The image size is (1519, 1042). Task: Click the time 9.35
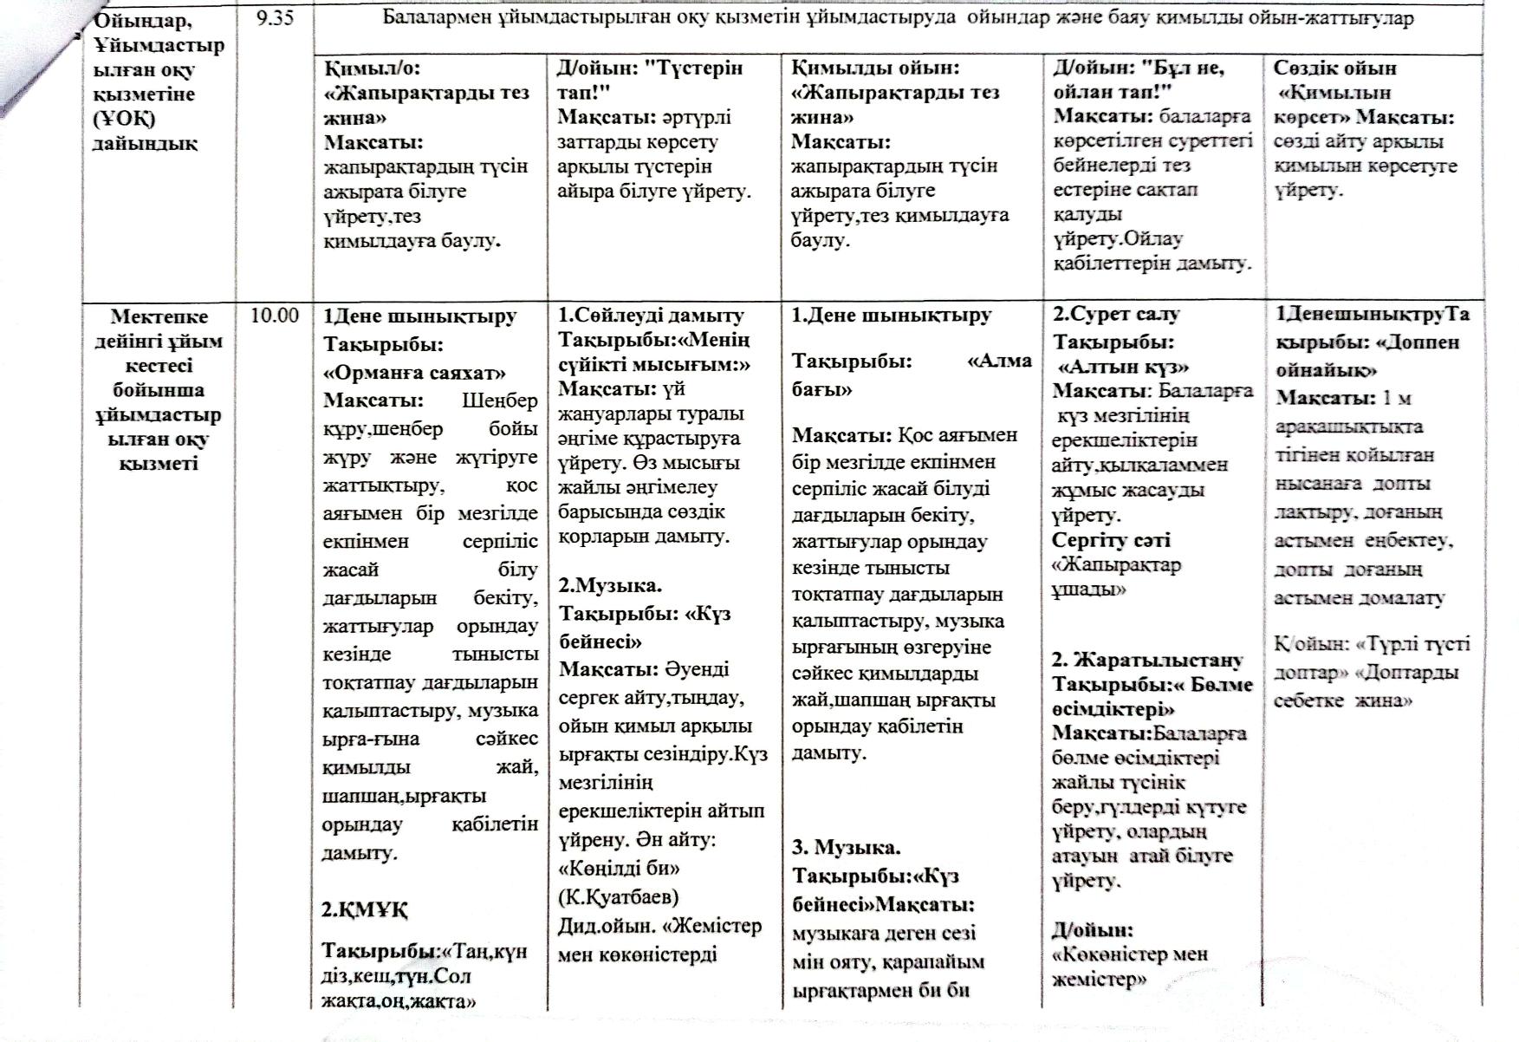[276, 18]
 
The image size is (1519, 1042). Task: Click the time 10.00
[275, 316]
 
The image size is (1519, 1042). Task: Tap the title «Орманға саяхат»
[414, 373]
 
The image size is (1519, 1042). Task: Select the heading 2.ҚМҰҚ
[365, 909]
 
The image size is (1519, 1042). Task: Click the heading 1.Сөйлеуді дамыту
[651, 316]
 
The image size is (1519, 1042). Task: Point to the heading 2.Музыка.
[610, 585]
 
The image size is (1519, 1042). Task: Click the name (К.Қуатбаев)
[619, 896]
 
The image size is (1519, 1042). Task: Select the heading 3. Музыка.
[847, 847]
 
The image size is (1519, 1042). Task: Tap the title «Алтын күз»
[1124, 367]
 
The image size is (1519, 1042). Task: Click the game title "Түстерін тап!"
[650, 80]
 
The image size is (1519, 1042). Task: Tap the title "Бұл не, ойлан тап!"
[1139, 79]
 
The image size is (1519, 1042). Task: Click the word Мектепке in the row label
[160, 316]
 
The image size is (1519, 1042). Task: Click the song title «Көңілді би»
[619, 868]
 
